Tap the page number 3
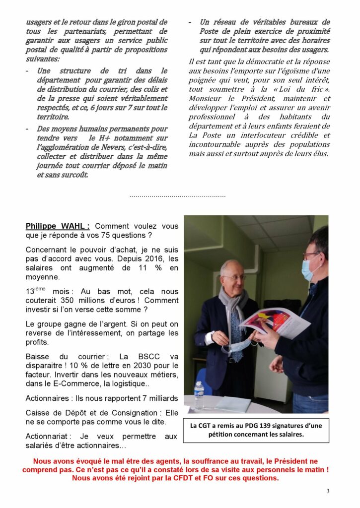pos(328,491)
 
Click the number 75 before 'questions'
pos(126,235)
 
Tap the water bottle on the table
pos(199,395)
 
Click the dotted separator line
pos(177,196)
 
